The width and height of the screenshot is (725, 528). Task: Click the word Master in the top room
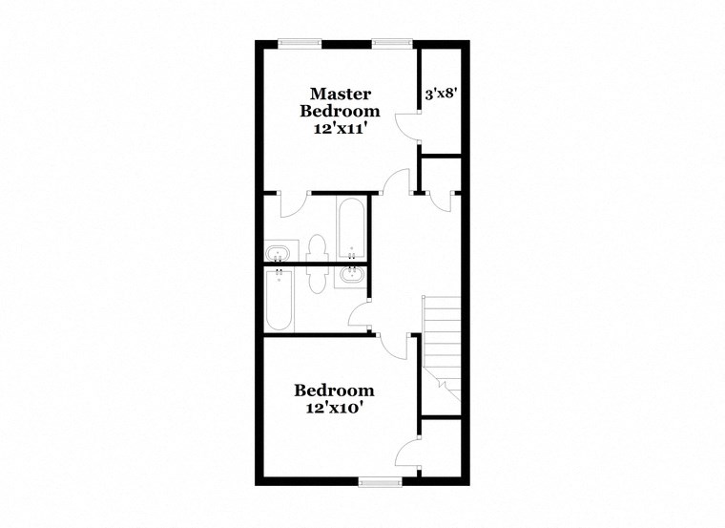[340, 94]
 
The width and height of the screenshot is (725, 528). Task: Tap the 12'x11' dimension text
[340, 128]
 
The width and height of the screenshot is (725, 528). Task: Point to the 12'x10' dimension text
[333, 407]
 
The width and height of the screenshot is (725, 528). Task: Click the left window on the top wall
[299, 42]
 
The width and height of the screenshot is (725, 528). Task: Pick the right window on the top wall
[391, 42]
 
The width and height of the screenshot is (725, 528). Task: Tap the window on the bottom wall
[379, 482]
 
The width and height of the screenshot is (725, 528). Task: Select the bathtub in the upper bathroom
[350, 229]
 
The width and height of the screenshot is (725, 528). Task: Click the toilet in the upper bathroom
[318, 247]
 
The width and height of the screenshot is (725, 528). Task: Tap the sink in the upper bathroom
[279, 253]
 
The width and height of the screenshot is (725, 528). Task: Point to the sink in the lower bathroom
[349, 278]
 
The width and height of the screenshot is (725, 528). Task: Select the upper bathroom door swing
[293, 202]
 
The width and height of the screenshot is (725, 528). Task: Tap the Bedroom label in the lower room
[333, 391]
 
